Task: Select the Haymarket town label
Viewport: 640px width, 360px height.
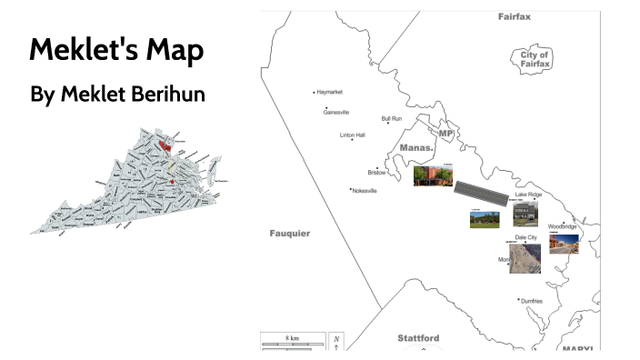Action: (x=329, y=93)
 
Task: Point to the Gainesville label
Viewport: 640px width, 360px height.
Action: (x=336, y=112)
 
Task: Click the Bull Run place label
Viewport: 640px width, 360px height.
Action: (x=392, y=118)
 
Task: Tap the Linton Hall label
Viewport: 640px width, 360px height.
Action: (x=352, y=135)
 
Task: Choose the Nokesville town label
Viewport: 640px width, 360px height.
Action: (x=363, y=190)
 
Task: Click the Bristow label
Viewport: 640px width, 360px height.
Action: (x=376, y=172)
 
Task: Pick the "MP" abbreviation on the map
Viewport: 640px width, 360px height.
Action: (x=445, y=134)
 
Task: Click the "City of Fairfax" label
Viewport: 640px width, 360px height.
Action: (x=535, y=60)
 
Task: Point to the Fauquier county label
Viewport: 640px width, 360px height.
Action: (x=290, y=234)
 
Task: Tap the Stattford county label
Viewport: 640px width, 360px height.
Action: (x=419, y=338)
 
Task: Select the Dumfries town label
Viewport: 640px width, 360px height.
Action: (x=532, y=300)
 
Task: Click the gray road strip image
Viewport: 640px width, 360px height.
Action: (x=481, y=190)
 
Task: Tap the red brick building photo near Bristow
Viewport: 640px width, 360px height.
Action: (x=433, y=175)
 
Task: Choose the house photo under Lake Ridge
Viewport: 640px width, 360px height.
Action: (x=525, y=214)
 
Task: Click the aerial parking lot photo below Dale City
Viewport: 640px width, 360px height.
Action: (x=525, y=259)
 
